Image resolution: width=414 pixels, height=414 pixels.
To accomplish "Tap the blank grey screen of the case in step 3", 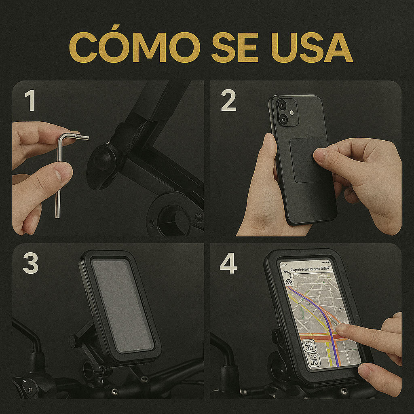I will (x=121, y=305).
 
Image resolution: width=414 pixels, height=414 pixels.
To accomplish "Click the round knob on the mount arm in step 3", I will (x=74, y=341).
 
